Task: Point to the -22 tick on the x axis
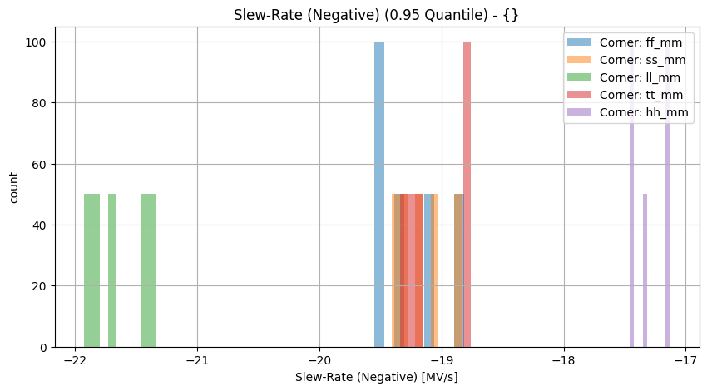75,359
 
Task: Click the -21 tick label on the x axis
197,359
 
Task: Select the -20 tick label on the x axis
319,359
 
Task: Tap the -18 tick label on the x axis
564,359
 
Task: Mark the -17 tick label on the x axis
685,359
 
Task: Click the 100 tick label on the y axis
36,42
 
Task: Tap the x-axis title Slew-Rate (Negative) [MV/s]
376,377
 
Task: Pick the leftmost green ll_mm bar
91,270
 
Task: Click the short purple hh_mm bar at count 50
645,270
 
